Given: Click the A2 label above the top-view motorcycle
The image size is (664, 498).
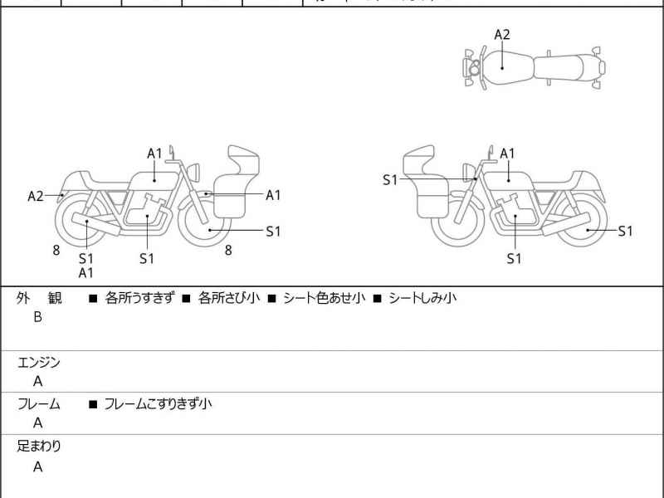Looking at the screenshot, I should (x=502, y=35).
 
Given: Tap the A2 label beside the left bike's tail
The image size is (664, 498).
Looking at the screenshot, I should (x=36, y=197).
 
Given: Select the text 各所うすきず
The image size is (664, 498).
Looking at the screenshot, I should (x=139, y=297).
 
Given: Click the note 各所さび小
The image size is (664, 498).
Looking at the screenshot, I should (x=228, y=297).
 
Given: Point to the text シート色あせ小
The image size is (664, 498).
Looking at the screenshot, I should (x=324, y=297).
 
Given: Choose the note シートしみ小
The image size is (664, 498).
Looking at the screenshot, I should (x=422, y=297).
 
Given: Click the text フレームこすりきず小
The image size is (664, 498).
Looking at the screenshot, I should (x=158, y=404).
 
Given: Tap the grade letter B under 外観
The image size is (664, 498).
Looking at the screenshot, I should (x=37, y=317).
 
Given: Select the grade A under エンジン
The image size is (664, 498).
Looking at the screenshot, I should (x=37, y=382).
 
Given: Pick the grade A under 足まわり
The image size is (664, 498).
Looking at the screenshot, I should (x=37, y=467).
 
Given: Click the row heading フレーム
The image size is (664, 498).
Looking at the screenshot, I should (x=39, y=404).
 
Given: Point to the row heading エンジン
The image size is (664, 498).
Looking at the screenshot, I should (x=39, y=362).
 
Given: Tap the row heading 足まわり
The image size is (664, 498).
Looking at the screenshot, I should (x=39, y=447).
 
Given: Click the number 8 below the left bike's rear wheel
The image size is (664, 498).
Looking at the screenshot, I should (x=56, y=249).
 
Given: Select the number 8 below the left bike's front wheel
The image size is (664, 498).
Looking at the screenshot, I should (x=228, y=249).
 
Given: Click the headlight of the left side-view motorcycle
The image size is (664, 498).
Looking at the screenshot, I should (x=196, y=171).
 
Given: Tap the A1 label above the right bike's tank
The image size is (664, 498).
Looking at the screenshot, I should (x=507, y=154).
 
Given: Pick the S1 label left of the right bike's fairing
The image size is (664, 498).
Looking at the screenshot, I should (x=390, y=179).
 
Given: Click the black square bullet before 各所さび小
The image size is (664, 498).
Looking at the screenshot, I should (x=187, y=297).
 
